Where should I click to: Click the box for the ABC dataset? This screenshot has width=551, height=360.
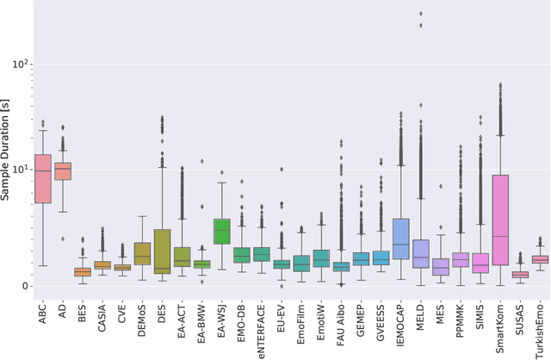[x=42, y=167]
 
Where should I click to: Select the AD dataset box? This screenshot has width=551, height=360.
[x=62, y=171]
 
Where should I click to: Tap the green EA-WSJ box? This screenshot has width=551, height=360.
[x=222, y=231]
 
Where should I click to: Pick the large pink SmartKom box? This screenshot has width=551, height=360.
[x=500, y=220]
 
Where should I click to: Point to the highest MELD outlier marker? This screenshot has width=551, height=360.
[x=420, y=14]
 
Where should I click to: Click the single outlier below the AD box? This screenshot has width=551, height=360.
[x=62, y=239]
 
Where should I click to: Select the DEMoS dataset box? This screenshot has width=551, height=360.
[x=142, y=253]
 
